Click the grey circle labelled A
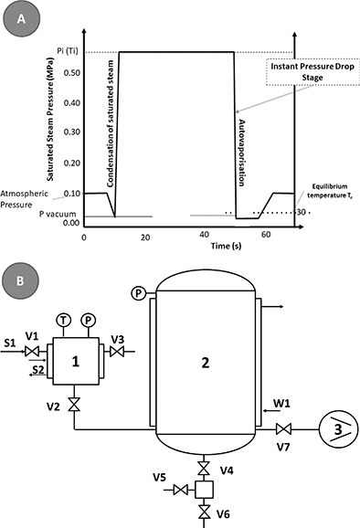coord(21,18)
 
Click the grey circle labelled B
coord(20,280)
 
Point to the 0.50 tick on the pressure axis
coord(72,73)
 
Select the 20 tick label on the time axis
coord(145,238)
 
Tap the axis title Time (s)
coord(226,246)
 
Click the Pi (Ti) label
coord(67,51)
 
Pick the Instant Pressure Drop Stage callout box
coord(312,72)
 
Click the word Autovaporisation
coord(241,153)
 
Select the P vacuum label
coord(58,214)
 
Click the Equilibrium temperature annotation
coord(329,191)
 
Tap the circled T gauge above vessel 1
coord(63,320)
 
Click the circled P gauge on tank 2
coord(138,293)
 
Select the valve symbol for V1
coord(32,352)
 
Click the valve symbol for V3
coord(117,352)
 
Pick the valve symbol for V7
coord(283,429)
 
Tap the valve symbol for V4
coord(204,469)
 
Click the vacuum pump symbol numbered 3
coord(338,429)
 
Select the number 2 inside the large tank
coord(205,363)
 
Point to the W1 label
coord(281,403)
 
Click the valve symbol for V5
coord(181,490)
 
